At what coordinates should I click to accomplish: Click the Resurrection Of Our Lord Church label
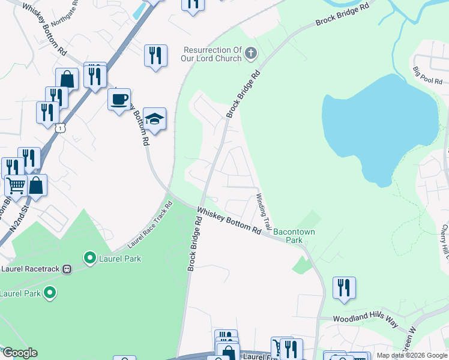(x=212, y=55)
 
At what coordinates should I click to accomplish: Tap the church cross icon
(x=252, y=55)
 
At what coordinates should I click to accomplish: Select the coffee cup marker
(x=119, y=98)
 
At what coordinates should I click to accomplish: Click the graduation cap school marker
(x=154, y=119)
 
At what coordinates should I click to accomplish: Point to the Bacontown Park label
(x=294, y=235)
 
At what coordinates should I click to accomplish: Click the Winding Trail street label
(x=265, y=206)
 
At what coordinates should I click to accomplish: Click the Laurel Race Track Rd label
(x=150, y=226)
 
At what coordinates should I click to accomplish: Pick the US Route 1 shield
(x=60, y=128)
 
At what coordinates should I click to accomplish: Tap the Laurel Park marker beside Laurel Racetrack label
(x=90, y=259)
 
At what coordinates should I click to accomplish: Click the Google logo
(x=19, y=353)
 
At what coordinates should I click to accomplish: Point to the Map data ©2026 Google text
(x=412, y=355)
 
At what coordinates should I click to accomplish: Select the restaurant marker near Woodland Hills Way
(x=344, y=287)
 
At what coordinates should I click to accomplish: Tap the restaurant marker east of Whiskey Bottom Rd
(x=155, y=56)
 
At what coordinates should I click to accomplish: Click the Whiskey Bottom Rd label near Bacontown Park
(x=229, y=220)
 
